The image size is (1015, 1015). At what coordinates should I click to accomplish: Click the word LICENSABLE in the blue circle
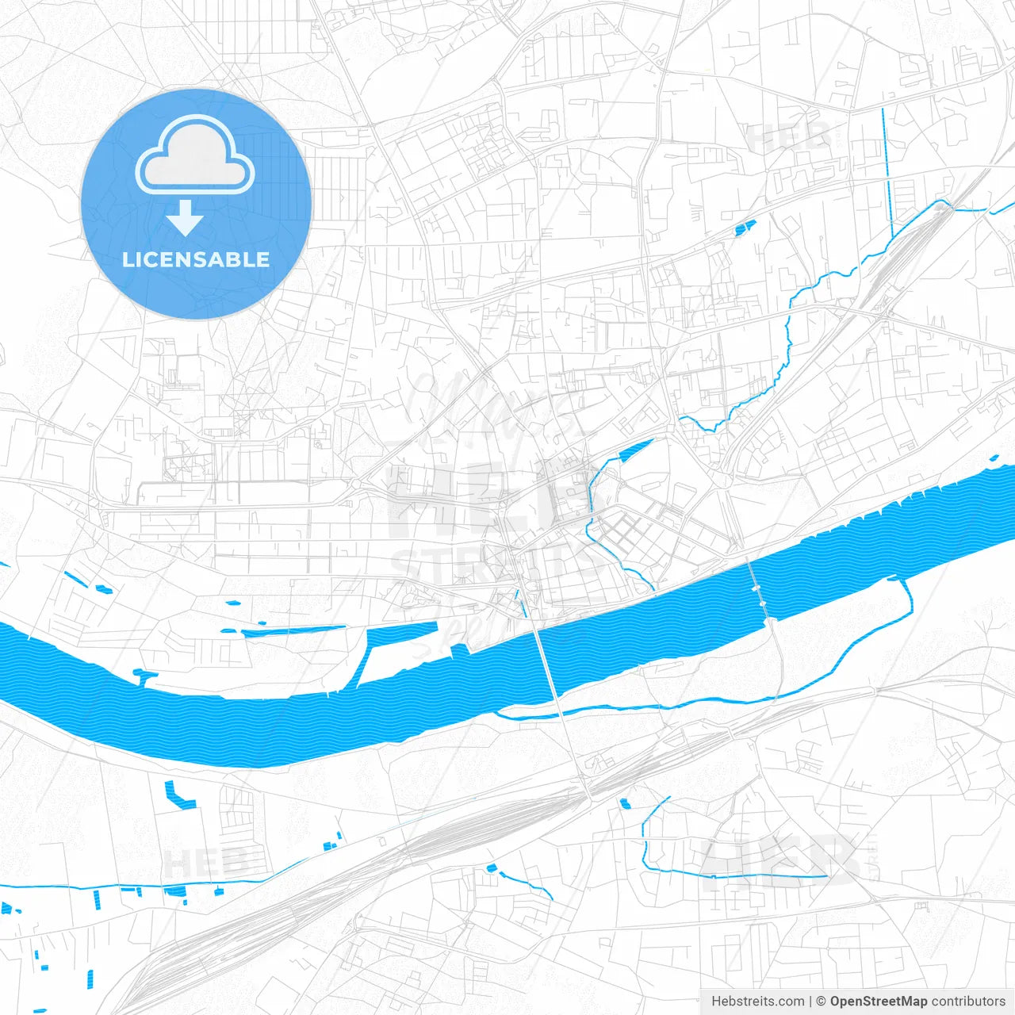(196, 260)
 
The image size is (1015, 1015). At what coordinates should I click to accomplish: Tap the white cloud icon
(195, 155)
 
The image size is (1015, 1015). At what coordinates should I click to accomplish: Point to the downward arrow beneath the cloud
(185, 218)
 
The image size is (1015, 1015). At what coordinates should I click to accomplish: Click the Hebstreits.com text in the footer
(757, 1002)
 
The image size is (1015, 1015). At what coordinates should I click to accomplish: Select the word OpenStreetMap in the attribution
(878, 1002)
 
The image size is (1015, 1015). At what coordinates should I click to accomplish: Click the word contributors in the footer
(968, 1002)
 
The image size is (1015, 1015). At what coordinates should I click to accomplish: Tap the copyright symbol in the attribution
(822, 1002)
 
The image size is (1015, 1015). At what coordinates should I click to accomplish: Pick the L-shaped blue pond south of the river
(178, 795)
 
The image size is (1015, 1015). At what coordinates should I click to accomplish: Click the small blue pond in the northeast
(745, 228)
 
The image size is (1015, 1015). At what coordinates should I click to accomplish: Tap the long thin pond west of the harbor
(293, 631)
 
